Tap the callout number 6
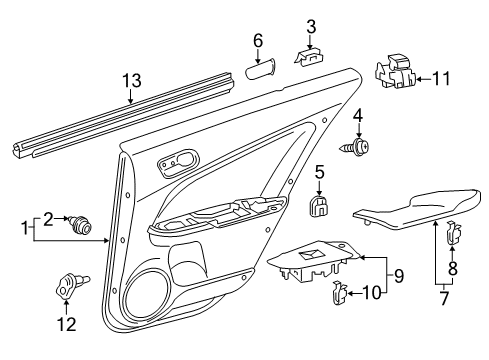pyautogui.click(x=257, y=40)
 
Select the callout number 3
pyautogui.click(x=311, y=26)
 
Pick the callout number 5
pyautogui.click(x=320, y=171)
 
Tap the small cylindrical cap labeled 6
pyautogui.click(x=262, y=72)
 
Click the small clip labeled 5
pyautogui.click(x=320, y=205)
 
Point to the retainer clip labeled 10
pyautogui.click(x=338, y=292)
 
